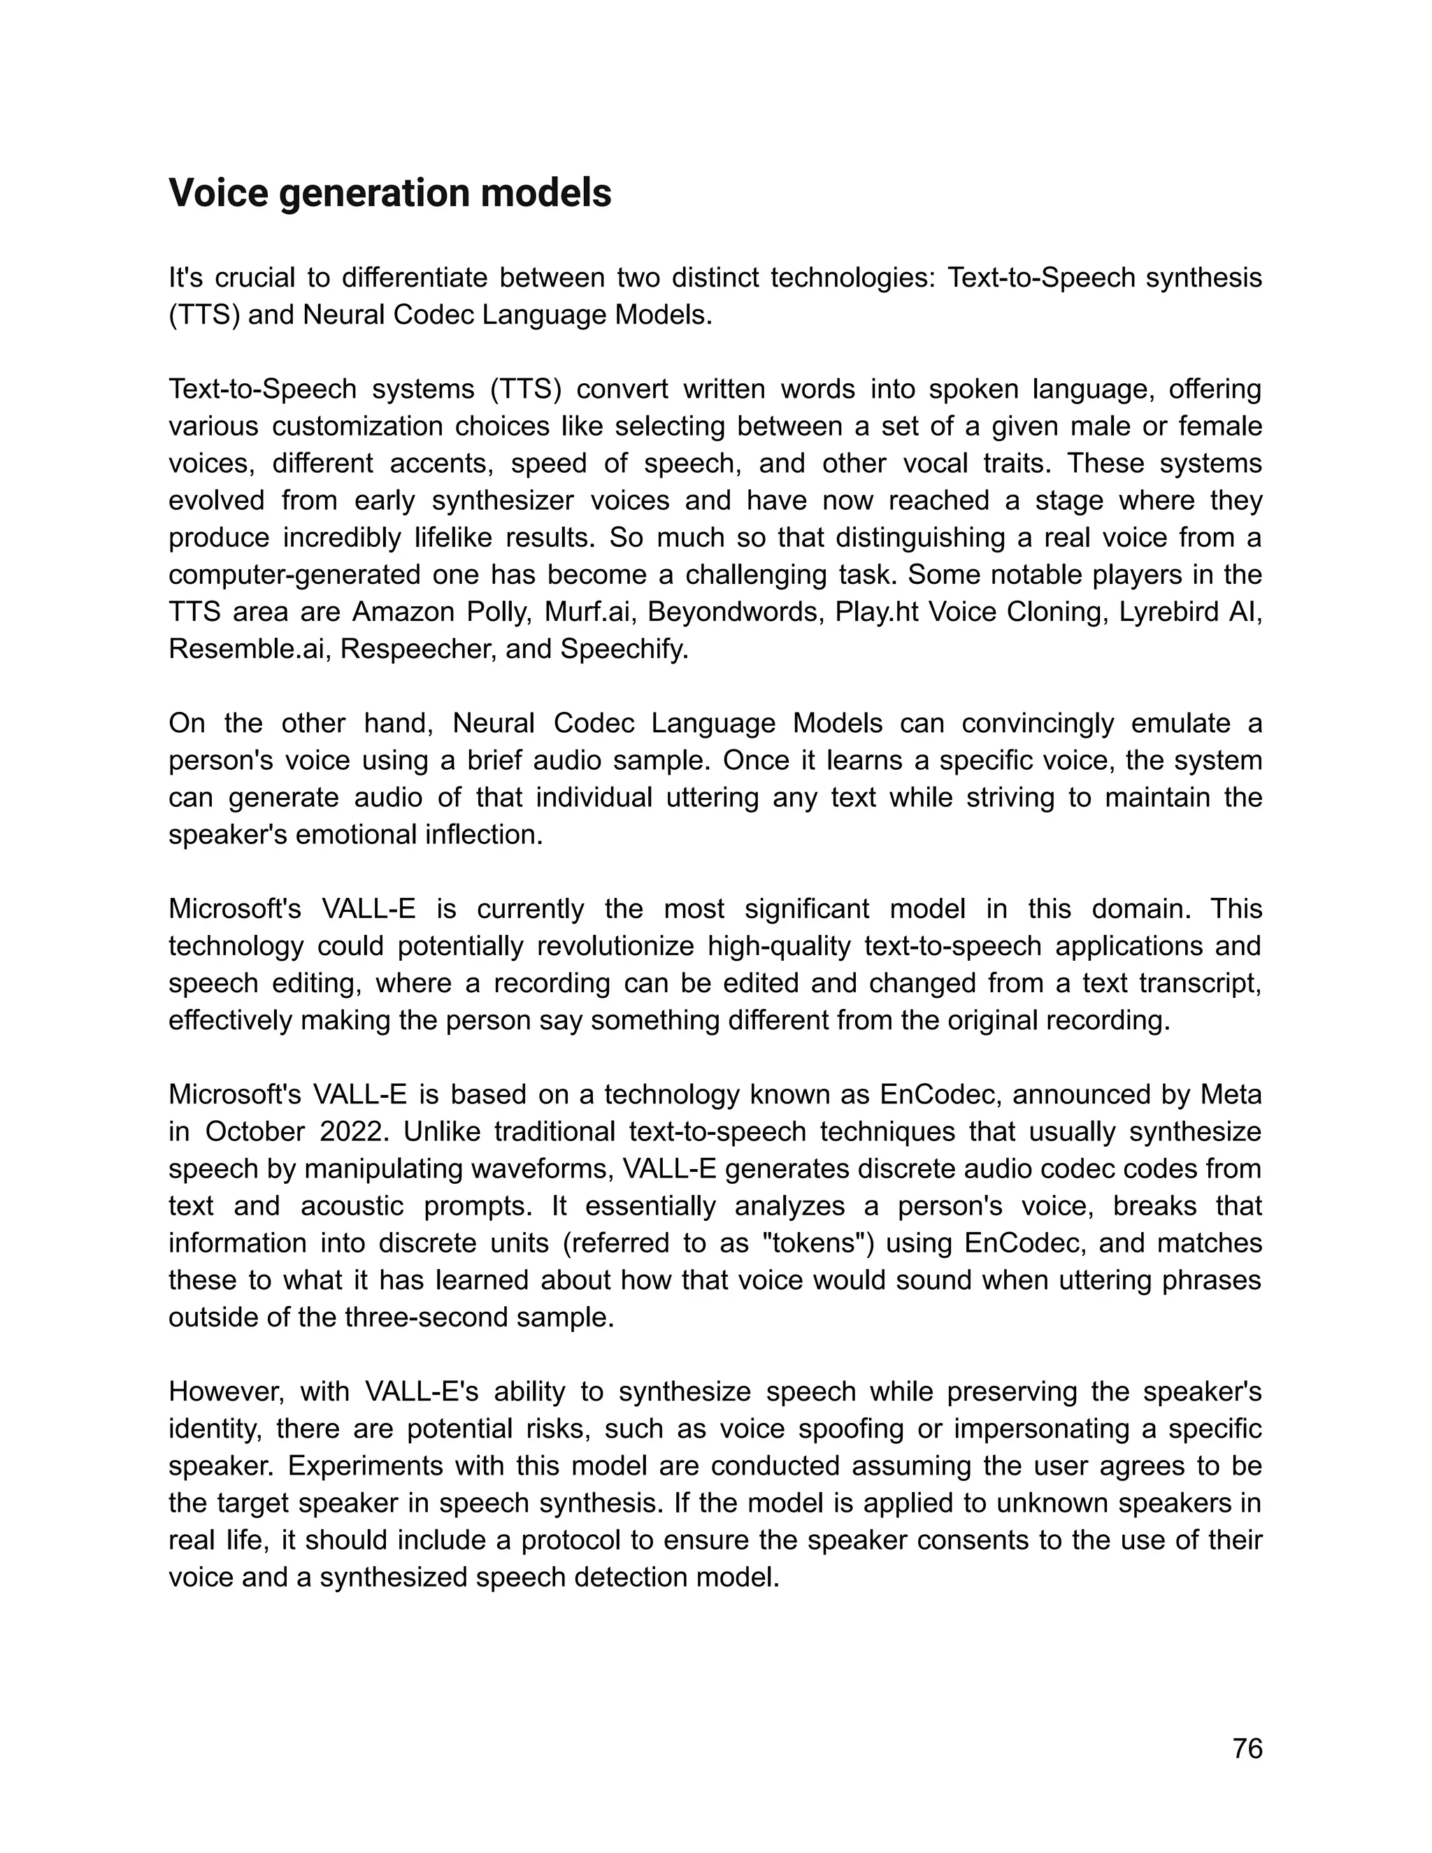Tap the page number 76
tap(1247, 1749)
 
